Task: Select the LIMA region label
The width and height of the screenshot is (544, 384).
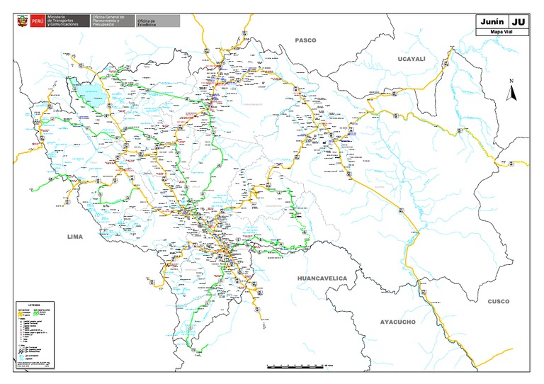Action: [75, 237]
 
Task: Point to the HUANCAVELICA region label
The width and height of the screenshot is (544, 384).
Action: [322, 278]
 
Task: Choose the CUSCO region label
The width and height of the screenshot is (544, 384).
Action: [498, 301]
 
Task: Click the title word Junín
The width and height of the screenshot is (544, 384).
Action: [492, 21]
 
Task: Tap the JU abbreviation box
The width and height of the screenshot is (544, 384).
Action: [518, 21]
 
